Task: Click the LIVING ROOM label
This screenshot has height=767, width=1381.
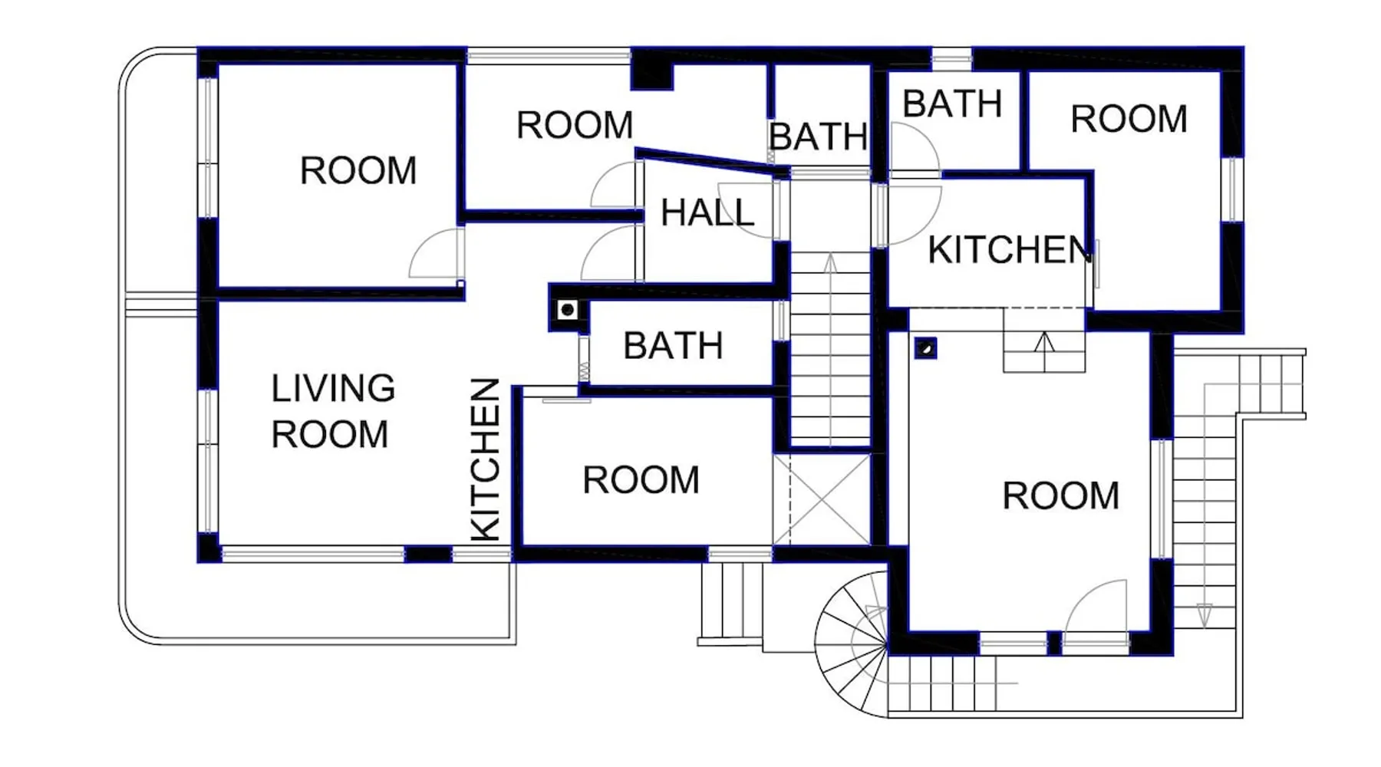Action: point(333,411)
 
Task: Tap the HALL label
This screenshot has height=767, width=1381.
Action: point(707,212)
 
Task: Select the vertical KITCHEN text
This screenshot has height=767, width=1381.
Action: point(485,459)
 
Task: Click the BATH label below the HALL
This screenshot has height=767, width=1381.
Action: point(673,346)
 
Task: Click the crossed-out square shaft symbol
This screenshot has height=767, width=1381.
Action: point(822,500)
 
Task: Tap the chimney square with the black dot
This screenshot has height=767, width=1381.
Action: point(568,310)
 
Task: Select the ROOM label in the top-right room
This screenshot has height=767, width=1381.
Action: point(1129,119)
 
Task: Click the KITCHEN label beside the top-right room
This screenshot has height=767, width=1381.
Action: point(1010,250)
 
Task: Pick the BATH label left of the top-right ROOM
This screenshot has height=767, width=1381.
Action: point(952,104)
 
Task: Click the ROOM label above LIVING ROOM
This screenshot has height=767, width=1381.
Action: point(358,170)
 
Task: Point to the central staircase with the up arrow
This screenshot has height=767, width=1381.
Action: point(830,349)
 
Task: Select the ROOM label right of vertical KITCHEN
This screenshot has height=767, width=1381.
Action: point(641,480)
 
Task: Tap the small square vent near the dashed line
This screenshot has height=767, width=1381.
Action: point(926,348)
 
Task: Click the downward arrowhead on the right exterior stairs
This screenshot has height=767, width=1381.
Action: point(1205,614)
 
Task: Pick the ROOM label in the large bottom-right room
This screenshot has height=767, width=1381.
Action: point(1060,495)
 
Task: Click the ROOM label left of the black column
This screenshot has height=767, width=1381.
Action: point(575,125)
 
